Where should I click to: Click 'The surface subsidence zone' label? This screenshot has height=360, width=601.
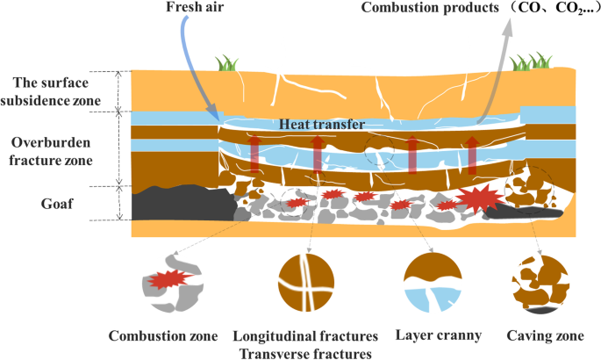[x=59, y=91]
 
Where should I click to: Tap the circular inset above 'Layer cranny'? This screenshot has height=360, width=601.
[x=430, y=284]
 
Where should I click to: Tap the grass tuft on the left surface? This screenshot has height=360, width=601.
[x=227, y=63]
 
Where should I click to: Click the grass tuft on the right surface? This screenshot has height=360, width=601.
[x=532, y=61]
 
